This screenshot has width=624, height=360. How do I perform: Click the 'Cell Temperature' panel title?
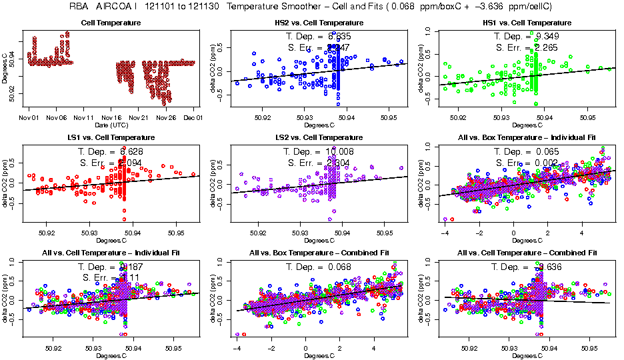(111, 23)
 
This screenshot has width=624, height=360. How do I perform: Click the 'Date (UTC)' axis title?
(111, 125)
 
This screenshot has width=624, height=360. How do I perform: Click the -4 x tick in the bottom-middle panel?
(237, 349)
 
